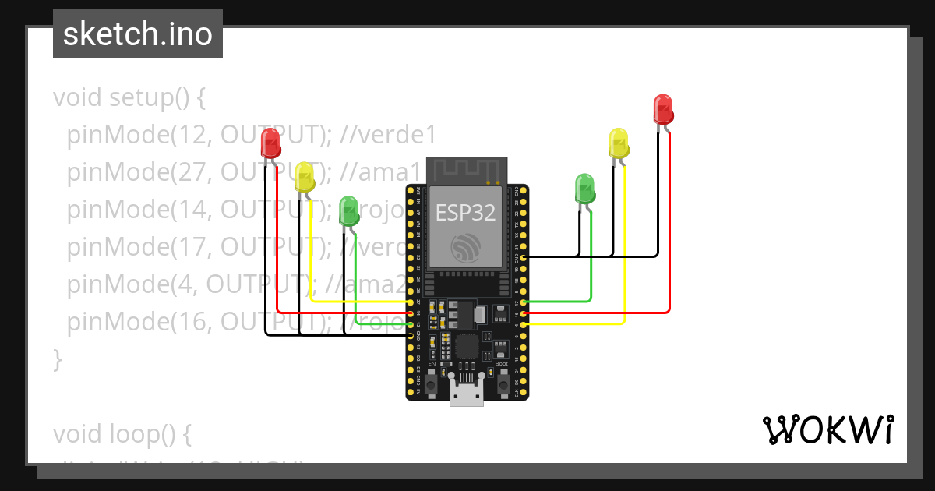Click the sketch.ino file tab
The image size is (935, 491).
pos(138,34)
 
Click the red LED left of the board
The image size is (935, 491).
pos(270,143)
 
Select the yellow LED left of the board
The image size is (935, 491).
pos(305,177)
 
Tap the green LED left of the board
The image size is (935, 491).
pos(349,211)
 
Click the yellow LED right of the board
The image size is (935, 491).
pos(619,144)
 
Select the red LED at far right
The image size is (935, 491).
pos(662,108)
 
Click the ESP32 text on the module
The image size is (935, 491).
pos(466,213)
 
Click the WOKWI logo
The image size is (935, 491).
pos(827,429)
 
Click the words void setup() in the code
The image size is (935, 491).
pos(129,98)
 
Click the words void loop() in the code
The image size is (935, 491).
pos(122,433)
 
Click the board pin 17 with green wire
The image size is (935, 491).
pos(524,302)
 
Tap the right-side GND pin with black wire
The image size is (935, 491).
pos(524,257)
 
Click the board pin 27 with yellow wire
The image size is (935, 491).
pos(411,302)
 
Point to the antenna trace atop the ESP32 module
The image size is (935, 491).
pos(467,168)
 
